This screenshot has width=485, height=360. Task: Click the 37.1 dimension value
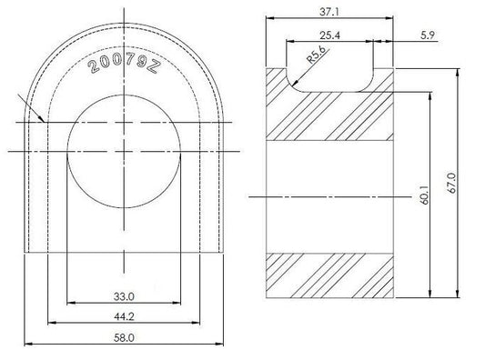(x=329, y=12)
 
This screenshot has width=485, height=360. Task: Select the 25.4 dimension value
(x=329, y=35)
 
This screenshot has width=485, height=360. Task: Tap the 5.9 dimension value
(x=428, y=35)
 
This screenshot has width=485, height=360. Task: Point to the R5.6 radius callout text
(x=316, y=55)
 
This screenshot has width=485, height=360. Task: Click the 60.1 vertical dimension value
(x=424, y=195)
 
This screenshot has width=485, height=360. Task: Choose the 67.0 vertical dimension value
(x=452, y=183)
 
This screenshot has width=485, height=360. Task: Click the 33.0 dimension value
(x=124, y=296)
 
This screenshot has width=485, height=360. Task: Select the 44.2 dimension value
(x=124, y=316)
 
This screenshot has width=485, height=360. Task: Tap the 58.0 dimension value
(x=124, y=338)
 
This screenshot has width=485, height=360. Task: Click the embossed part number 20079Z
(x=124, y=65)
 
